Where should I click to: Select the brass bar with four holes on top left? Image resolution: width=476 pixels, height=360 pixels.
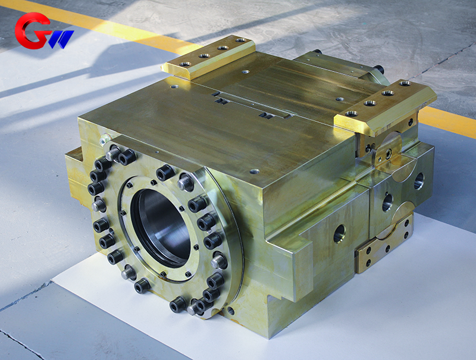tap(208, 57)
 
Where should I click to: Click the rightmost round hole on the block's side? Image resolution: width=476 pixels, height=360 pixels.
tap(419, 181)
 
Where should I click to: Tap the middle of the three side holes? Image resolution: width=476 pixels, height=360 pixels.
tap(387, 202)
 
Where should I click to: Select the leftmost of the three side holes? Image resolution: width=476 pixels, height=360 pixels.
tap(339, 233)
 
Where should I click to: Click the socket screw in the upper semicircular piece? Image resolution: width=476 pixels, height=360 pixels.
tap(388, 154)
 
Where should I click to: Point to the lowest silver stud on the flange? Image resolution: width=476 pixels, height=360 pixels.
tap(193, 308)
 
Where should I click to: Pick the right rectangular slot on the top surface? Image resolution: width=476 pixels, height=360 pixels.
tap(266, 115)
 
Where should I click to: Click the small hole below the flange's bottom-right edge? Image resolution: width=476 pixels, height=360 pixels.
tap(230, 311)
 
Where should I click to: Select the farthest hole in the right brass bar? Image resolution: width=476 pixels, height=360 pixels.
tap(405, 84)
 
